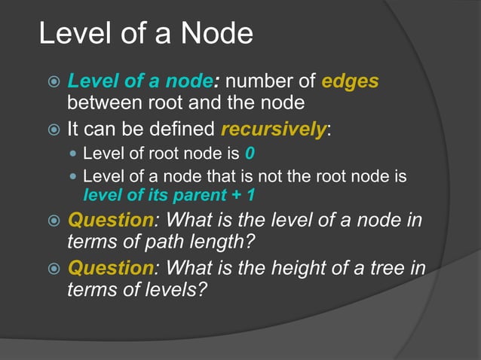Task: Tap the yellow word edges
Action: pyautogui.click(x=350, y=81)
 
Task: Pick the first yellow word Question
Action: pyautogui.click(x=110, y=221)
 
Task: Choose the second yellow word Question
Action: pyautogui.click(x=110, y=267)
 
